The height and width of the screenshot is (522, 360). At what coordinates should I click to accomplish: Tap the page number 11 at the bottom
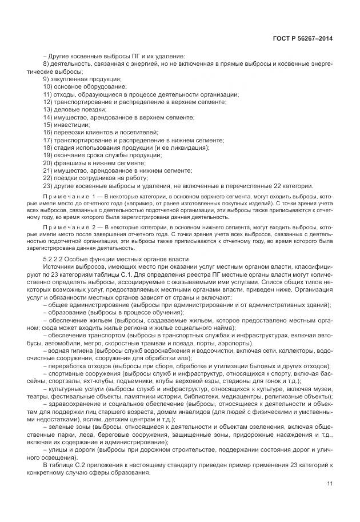point(329,484)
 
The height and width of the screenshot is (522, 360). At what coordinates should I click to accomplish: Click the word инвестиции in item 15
point(71,124)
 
